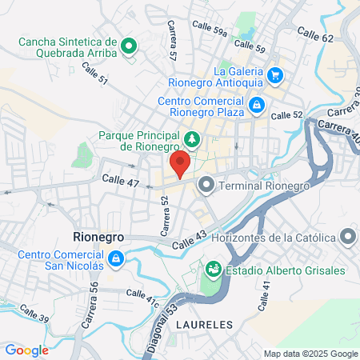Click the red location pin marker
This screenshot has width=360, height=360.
pyautogui.click(x=181, y=164)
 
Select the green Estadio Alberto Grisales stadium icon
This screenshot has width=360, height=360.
pyautogui.click(x=214, y=268)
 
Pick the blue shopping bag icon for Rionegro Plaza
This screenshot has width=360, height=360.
pyautogui.click(x=256, y=103)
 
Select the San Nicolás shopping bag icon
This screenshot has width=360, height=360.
pyautogui.click(x=116, y=258)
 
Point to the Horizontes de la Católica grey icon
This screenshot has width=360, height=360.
pyautogui.click(x=347, y=237)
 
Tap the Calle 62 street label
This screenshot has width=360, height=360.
pyautogui.click(x=315, y=34)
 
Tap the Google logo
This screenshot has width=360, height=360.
pyautogui.click(x=26, y=350)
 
